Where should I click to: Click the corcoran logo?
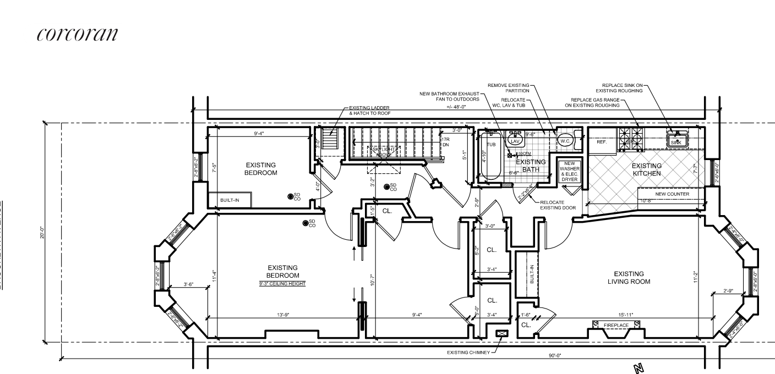[77, 34]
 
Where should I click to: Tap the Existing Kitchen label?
[646, 169]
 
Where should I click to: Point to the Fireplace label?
[615, 326]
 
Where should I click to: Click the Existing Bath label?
[530, 166]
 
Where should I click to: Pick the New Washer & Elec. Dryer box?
[567, 171]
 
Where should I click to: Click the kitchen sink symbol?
[676, 141]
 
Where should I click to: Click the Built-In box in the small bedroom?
[230, 200]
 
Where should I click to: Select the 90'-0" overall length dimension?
[554, 355]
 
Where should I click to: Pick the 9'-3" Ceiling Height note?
[282, 284]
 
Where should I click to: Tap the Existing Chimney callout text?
[468, 352]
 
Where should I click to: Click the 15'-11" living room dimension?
[624, 315]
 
